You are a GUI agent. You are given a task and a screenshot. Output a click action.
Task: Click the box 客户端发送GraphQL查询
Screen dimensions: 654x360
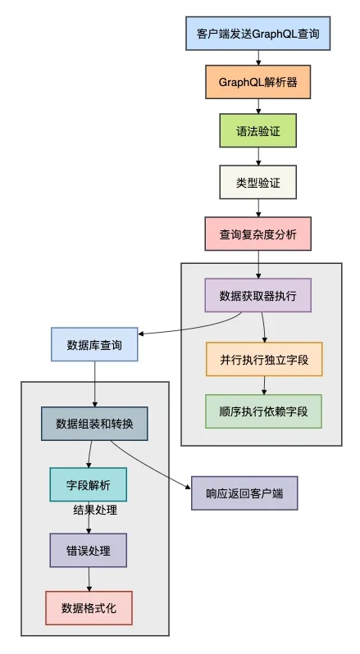point(257,35)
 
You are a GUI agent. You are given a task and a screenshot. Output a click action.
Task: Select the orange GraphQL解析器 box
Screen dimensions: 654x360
point(257,83)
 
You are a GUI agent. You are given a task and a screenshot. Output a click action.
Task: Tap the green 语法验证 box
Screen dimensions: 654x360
point(257,130)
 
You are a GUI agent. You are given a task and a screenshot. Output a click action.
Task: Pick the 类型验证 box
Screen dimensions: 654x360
point(257,183)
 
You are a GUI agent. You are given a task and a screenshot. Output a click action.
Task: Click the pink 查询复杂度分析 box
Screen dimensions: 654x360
point(257,234)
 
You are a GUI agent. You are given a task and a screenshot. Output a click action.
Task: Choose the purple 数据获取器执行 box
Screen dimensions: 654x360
point(257,295)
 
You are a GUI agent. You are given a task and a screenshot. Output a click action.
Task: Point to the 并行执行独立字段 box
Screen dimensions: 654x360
point(264,359)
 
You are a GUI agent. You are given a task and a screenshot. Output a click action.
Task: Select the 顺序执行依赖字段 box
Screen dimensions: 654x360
point(264,411)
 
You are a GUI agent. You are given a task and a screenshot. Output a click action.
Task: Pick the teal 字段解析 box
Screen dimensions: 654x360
point(88,484)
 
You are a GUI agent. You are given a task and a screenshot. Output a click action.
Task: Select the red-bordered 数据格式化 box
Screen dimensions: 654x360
point(88,608)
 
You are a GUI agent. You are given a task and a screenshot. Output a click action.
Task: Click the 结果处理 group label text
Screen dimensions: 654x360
point(94,511)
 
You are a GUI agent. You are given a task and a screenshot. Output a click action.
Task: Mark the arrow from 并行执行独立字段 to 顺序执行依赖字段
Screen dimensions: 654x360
point(264,384)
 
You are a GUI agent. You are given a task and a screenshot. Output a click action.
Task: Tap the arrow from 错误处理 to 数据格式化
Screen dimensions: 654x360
point(88,579)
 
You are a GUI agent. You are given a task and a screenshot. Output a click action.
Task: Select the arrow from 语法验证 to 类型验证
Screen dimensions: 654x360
point(257,157)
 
